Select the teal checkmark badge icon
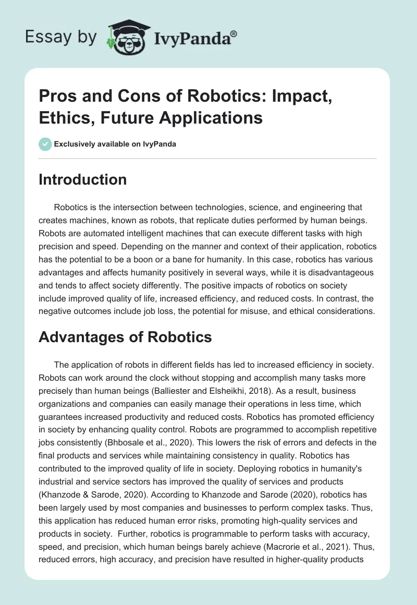pos(45,144)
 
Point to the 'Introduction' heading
pos(82,180)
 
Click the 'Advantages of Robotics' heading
pos(125,337)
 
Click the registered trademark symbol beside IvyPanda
pos(234,33)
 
